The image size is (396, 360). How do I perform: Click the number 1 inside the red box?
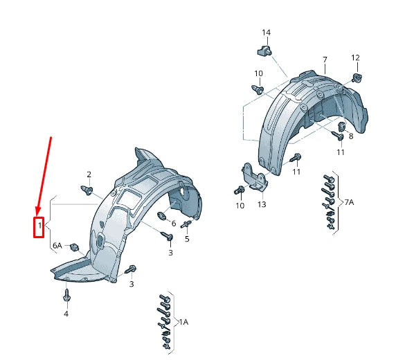click(39, 225)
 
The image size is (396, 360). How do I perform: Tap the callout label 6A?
click(57, 245)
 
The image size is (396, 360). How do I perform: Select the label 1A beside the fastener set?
click(183, 322)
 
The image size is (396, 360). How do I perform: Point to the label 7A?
click(350, 202)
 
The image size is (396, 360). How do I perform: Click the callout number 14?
click(266, 33)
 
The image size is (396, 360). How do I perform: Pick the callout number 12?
click(355, 58)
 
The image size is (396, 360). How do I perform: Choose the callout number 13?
click(262, 204)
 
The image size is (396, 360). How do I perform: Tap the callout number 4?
click(66, 314)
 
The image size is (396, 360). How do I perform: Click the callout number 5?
click(187, 239)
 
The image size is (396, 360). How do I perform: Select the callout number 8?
click(351, 136)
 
